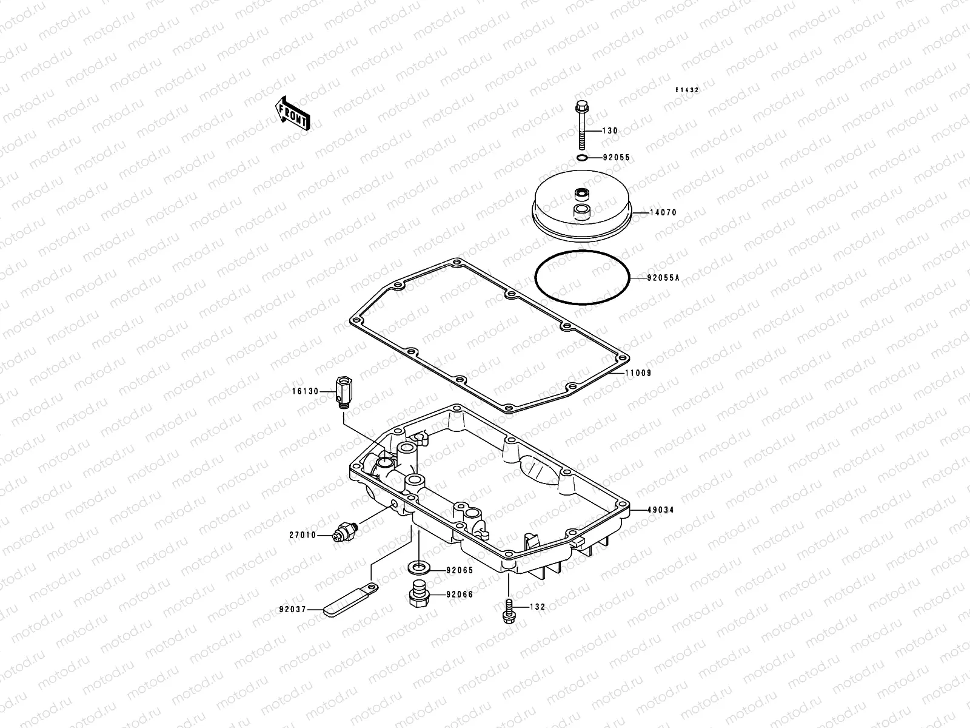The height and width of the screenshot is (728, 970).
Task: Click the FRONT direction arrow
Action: click(x=293, y=113)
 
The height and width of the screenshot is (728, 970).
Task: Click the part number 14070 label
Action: click(x=663, y=213)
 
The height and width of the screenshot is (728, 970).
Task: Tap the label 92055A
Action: click(x=663, y=278)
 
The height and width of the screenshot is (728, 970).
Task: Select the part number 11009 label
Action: click(x=638, y=373)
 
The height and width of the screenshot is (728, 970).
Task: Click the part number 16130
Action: click(x=304, y=391)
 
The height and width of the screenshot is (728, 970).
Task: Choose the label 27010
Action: click(x=303, y=535)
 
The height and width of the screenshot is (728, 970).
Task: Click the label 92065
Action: click(x=459, y=570)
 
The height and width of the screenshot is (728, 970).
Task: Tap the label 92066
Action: click(x=459, y=595)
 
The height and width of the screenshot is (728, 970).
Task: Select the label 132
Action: click(x=537, y=607)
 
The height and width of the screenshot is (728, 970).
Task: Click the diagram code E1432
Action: click(x=688, y=90)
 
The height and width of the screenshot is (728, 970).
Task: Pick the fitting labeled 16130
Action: click(x=343, y=392)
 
